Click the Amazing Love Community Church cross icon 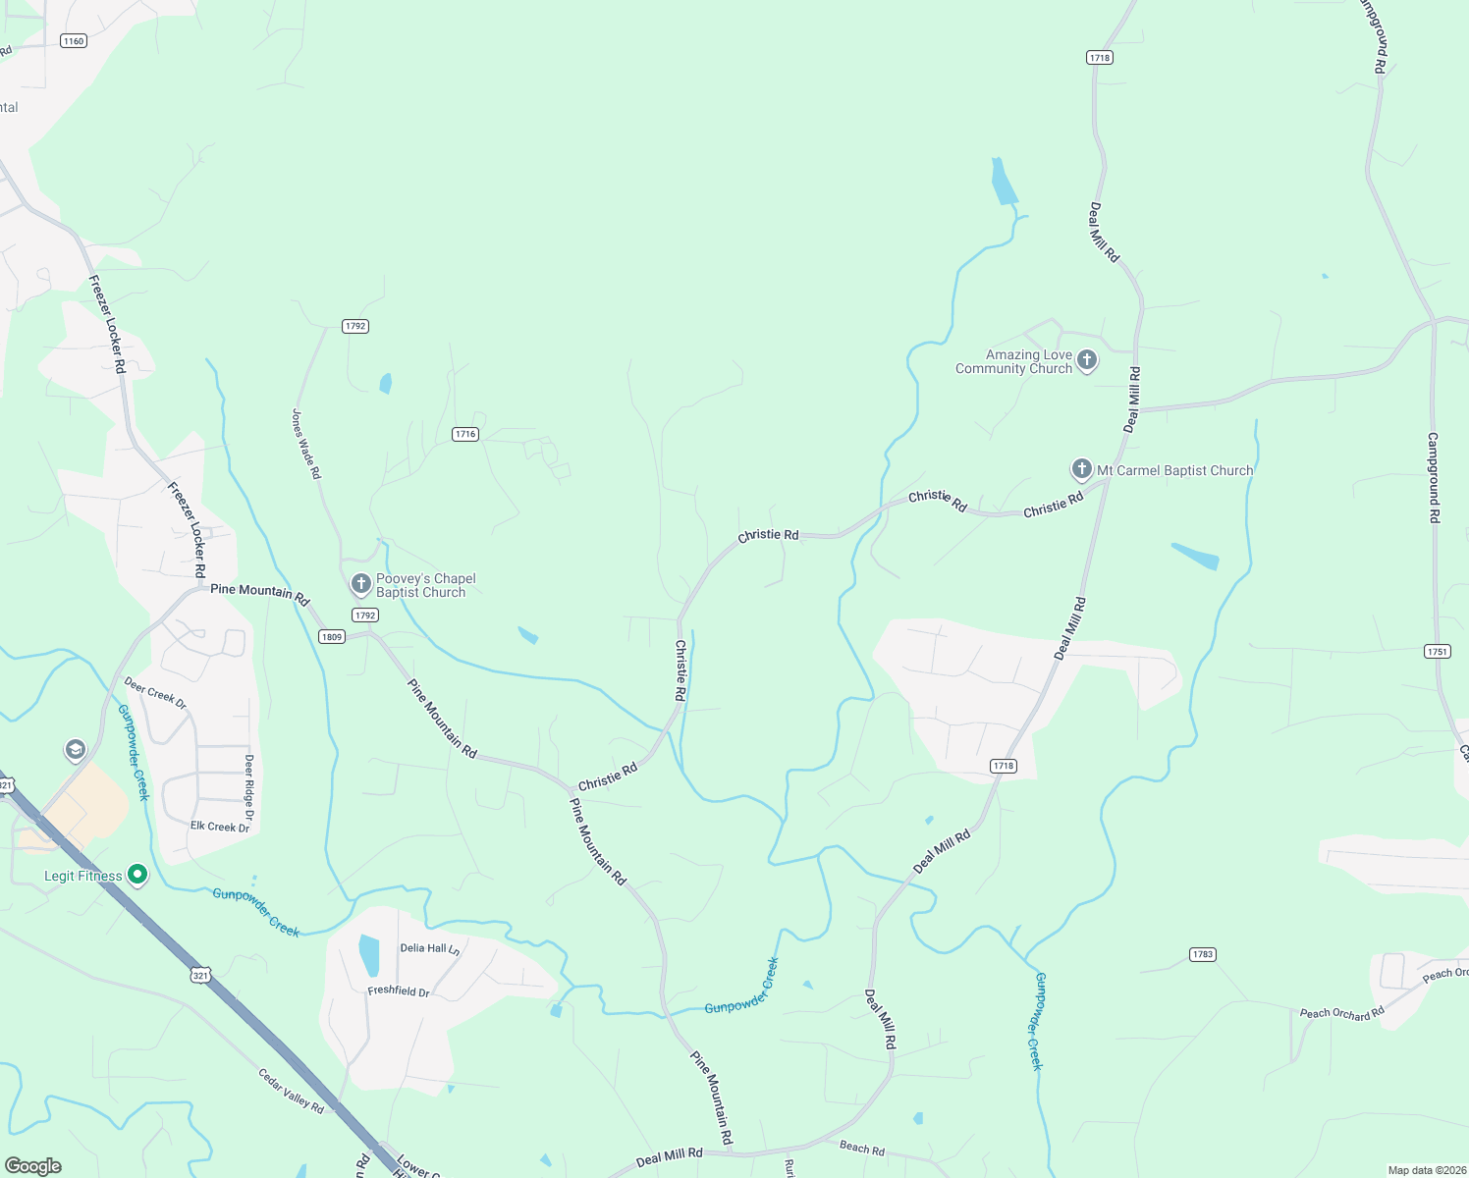click(x=1086, y=360)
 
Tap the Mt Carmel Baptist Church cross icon click(x=1081, y=469)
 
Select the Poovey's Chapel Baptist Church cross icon click(x=360, y=584)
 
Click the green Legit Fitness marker click(x=137, y=874)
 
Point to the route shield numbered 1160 click(x=73, y=41)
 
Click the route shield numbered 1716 click(x=465, y=434)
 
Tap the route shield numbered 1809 click(x=331, y=637)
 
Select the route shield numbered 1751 click(x=1437, y=651)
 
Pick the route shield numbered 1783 click(x=1202, y=954)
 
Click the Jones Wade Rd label click(x=306, y=444)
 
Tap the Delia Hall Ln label click(x=430, y=948)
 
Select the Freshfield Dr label click(x=399, y=991)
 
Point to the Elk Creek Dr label click(x=220, y=827)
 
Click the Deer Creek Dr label click(x=155, y=691)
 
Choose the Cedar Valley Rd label click(x=291, y=1091)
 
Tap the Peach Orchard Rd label click(x=1341, y=1013)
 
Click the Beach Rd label click(x=862, y=1148)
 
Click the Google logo click(x=32, y=1166)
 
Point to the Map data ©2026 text click(x=1425, y=1170)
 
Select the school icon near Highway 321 click(x=75, y=751)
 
